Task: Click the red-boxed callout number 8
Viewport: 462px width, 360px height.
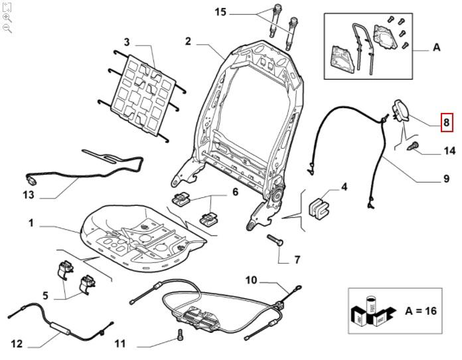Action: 447,122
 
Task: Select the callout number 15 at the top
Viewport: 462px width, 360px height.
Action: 220,11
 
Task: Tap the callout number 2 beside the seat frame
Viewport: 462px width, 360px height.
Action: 189,41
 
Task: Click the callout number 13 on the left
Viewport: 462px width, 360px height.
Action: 28,196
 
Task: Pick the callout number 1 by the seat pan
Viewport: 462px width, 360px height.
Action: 31,223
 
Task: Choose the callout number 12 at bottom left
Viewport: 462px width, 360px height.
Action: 17,344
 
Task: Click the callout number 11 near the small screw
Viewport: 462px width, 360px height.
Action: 119,344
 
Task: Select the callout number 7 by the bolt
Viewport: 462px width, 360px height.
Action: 297,259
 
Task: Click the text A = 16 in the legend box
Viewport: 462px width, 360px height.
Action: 421,311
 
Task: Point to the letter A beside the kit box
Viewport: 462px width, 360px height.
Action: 436,47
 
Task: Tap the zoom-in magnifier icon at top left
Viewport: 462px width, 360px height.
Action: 7,18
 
